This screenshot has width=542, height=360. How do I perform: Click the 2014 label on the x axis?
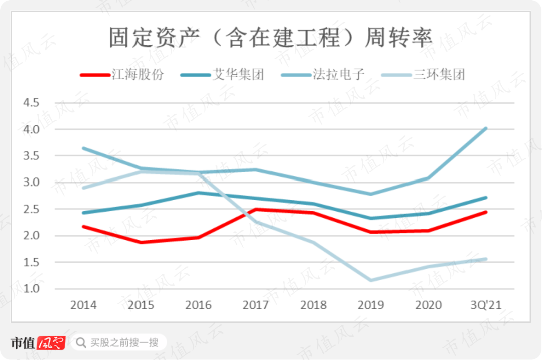83,305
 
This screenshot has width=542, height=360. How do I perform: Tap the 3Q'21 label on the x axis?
486,305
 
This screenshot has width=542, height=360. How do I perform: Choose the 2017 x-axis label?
256,305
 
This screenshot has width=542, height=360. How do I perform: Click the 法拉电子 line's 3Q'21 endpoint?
485,128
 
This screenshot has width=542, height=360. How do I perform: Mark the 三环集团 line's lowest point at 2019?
371,280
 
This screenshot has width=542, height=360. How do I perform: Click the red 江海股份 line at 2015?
141,242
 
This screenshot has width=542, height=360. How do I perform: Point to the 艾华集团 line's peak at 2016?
199,193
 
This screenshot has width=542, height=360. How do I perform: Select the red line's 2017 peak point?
256,209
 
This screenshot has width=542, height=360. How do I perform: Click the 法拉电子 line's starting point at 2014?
83,148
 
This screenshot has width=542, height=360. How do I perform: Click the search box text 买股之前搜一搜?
125,343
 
